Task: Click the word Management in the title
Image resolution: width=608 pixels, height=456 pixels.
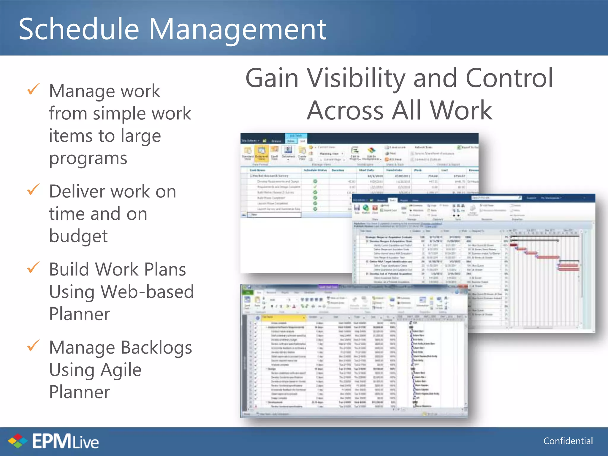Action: [237, 30]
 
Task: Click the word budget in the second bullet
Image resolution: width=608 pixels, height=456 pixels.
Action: [78, 236]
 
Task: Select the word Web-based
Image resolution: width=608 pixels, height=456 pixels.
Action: [147, 292]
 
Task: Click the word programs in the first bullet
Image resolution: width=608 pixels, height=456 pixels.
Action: [88, 158]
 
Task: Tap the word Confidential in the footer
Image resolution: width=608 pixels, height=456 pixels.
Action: [568, 441]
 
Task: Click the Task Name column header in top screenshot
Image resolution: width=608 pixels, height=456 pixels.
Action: [257, 170]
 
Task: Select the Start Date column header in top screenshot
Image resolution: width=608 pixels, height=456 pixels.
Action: [366, 170]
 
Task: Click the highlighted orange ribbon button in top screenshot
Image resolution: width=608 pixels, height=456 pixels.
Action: [261, 152]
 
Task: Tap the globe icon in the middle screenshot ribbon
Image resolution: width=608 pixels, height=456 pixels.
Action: [366, 208]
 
